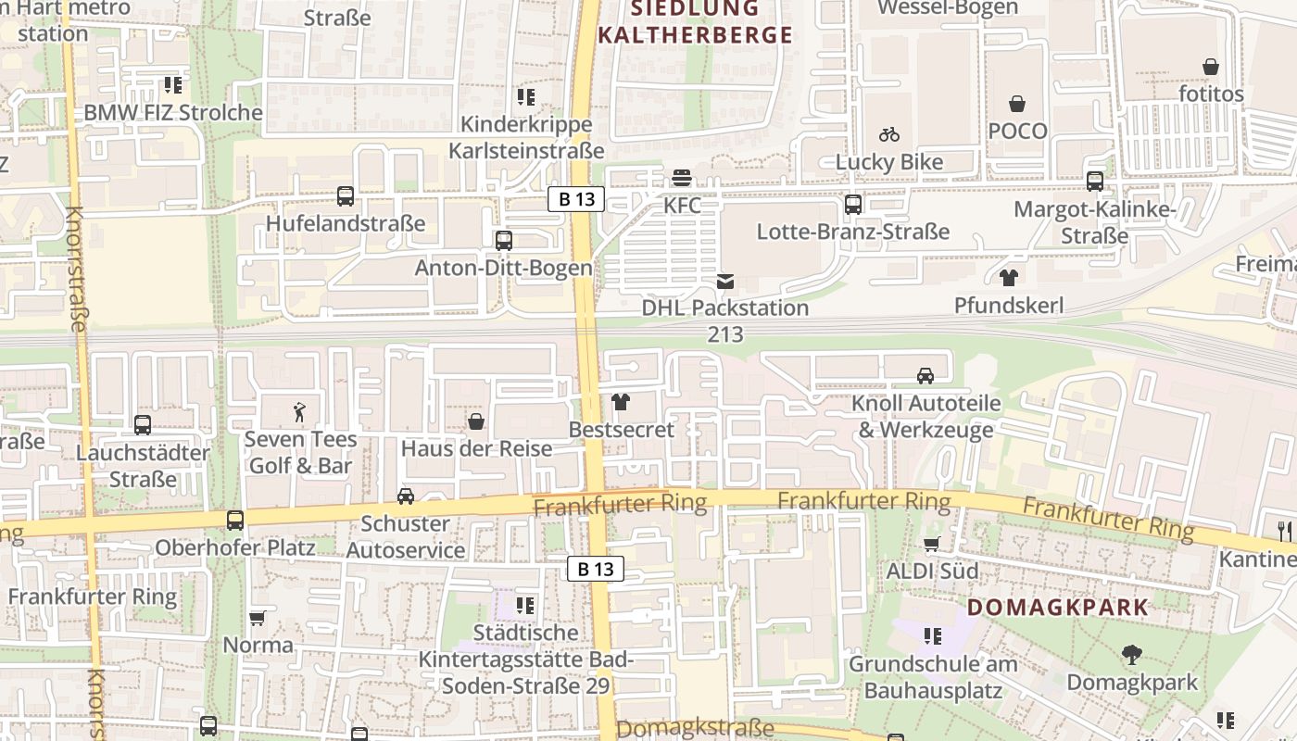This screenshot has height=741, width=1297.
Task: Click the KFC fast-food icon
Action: click(x=683, y=177)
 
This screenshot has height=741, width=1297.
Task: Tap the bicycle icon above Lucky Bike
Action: click(x=889, y=134)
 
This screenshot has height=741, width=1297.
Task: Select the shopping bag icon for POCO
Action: click(x=1017, y=104)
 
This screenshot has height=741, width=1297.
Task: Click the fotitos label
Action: click(x=1211, y=94)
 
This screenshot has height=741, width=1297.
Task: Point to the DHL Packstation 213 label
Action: click(x=725, y=320)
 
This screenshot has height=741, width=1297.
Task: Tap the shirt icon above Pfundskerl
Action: click(x=1009, y=277)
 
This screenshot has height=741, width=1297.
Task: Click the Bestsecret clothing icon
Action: click(x=621, y=402)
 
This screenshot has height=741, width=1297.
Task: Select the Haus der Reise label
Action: click(x=476, y=448)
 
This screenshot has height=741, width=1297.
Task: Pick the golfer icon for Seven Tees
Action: click(x=299, y=412)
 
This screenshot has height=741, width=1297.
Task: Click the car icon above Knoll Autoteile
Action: click(x=926, y=375)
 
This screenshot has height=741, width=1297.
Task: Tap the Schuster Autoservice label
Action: click(x=406, y=537)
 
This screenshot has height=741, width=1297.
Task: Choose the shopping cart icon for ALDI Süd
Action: click(x=932, y=544)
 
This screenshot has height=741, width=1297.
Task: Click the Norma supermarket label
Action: click(x=258, y=645)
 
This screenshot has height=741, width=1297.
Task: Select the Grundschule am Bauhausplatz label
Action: click(x=933, y=677)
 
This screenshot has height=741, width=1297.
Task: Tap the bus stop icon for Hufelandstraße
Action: click(x=346, y=196)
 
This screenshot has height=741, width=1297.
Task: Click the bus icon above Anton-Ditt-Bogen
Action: click(x=504, y=241)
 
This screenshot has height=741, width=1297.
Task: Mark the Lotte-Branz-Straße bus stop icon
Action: click(x=853, y=204)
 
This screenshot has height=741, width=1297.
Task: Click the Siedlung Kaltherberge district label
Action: click(x=695, y=22)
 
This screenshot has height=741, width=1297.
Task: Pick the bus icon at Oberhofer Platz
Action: click(x=235, y=521)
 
